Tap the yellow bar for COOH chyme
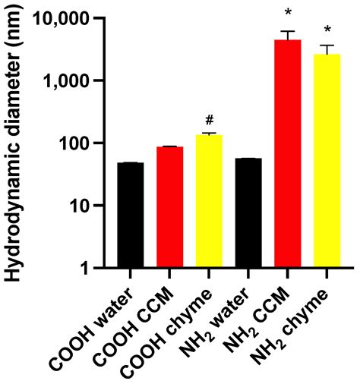pos(208,200)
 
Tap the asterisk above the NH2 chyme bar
pos(327,30)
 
